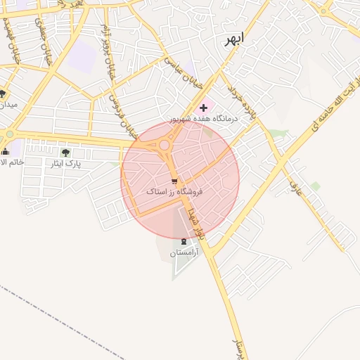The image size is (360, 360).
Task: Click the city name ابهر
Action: [x=232, y=40]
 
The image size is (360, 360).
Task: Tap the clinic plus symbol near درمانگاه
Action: [x=204, y=108]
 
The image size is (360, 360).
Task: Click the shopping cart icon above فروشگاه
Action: [x=174, y=181]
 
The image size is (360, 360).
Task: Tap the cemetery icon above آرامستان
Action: [x=184, y=241]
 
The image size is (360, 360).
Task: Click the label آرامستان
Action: [x=184, y=252]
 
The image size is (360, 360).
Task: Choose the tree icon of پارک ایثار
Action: [x=65, y=153]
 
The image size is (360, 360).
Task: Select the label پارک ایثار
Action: [x=68, y=163]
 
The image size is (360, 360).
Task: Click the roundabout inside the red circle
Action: [x=164, y=145]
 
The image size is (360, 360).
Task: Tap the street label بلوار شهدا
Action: [x=196, y=219]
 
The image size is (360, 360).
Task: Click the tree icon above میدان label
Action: [x=4, y=94]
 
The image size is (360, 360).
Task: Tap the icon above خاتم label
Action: [x=6, y=151]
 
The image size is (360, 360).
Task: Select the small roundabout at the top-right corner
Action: [x=324, y=10]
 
